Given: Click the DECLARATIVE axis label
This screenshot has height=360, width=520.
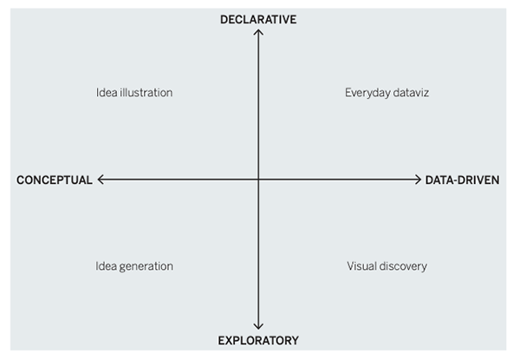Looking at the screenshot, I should coord(258,18).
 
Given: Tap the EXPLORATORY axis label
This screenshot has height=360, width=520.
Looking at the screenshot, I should coord(258,341).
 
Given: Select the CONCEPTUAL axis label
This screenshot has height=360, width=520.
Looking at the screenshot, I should coord(54,180).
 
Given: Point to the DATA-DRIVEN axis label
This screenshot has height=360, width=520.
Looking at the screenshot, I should coord(462,180).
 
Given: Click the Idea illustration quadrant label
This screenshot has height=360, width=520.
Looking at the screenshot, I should coord(134,93).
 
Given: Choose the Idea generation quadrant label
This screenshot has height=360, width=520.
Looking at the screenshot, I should coord(134,266).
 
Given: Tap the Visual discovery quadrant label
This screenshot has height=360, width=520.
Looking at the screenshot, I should coord(387,266).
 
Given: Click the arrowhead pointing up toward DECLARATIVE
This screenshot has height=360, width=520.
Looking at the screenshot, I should coord(258,32).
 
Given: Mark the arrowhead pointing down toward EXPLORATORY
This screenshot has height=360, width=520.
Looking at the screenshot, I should coord(258,327).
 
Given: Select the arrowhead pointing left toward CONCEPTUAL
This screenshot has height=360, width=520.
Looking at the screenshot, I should coord(101,180).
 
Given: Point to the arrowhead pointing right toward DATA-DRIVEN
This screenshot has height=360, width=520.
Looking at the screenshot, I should coord(418,180).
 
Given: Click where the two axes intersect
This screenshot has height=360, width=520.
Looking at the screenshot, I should coord(258,180).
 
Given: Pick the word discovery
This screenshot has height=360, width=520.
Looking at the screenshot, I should coord(404,266).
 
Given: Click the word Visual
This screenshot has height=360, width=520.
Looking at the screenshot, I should coord(362,266).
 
